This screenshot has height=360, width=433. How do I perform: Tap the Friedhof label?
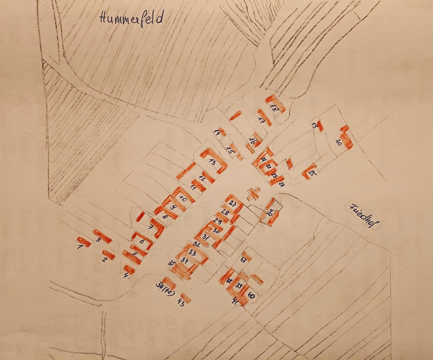pos(363,216)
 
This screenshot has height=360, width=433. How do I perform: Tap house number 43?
pos(181,305)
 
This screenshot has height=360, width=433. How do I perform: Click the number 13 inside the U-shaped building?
pos(213,162)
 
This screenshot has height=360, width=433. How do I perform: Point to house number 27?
pos(233,203)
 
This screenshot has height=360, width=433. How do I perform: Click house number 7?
pos(150,228)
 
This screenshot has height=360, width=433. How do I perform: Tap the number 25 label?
pos(312,173)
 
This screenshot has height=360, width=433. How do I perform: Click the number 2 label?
pos(104,260)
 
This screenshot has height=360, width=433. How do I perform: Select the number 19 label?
pos(314,126)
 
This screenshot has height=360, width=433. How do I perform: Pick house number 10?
pos(183,199)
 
